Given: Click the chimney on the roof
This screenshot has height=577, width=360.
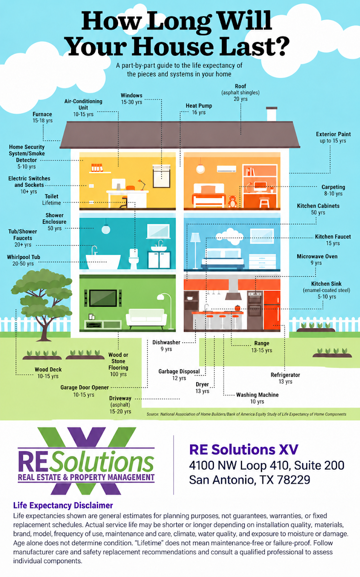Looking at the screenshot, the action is pyautogui.click(x=271, y=114).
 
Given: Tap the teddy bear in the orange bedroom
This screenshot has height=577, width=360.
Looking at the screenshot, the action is pyautogui.click(x=232, y=201).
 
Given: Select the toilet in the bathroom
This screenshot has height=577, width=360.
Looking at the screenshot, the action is pyautogui.click(x=133, y=259).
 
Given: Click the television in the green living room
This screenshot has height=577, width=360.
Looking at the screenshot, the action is pyautogui.click(x=103, y=298).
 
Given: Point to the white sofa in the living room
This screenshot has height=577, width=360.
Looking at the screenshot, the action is pyautogui.click(x=146, y=318).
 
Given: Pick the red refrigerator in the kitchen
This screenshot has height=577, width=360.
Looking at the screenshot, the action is pyautogui.click(x=271, y=310).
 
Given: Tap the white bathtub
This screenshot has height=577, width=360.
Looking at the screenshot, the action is pyautogui.click(x=103, y=262).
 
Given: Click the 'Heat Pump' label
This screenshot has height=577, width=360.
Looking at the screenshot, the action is pyautogui.click(x=199, y=106).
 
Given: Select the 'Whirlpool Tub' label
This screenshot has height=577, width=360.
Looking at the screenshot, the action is pyautogui.click(x=23, y=257).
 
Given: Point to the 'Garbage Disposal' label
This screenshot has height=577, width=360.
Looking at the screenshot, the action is pyautogui.click(x=179, y=371).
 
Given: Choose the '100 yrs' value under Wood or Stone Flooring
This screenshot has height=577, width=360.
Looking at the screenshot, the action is pyautogui.click(x=118, y=374).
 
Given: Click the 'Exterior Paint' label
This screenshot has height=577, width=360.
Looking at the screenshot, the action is pyautogui.click(x=333, y=134).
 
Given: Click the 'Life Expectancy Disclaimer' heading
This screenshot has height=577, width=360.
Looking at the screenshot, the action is pyautogui.click(x=63, y=506).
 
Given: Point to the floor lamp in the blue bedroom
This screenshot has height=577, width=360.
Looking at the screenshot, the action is pyautogui.click(x=195, y=251).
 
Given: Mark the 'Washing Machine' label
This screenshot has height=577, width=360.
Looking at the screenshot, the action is pyautogui.click(x=257, y=395).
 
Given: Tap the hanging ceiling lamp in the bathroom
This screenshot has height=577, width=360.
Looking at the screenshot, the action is pyautogui.click(x=106, y=227).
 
